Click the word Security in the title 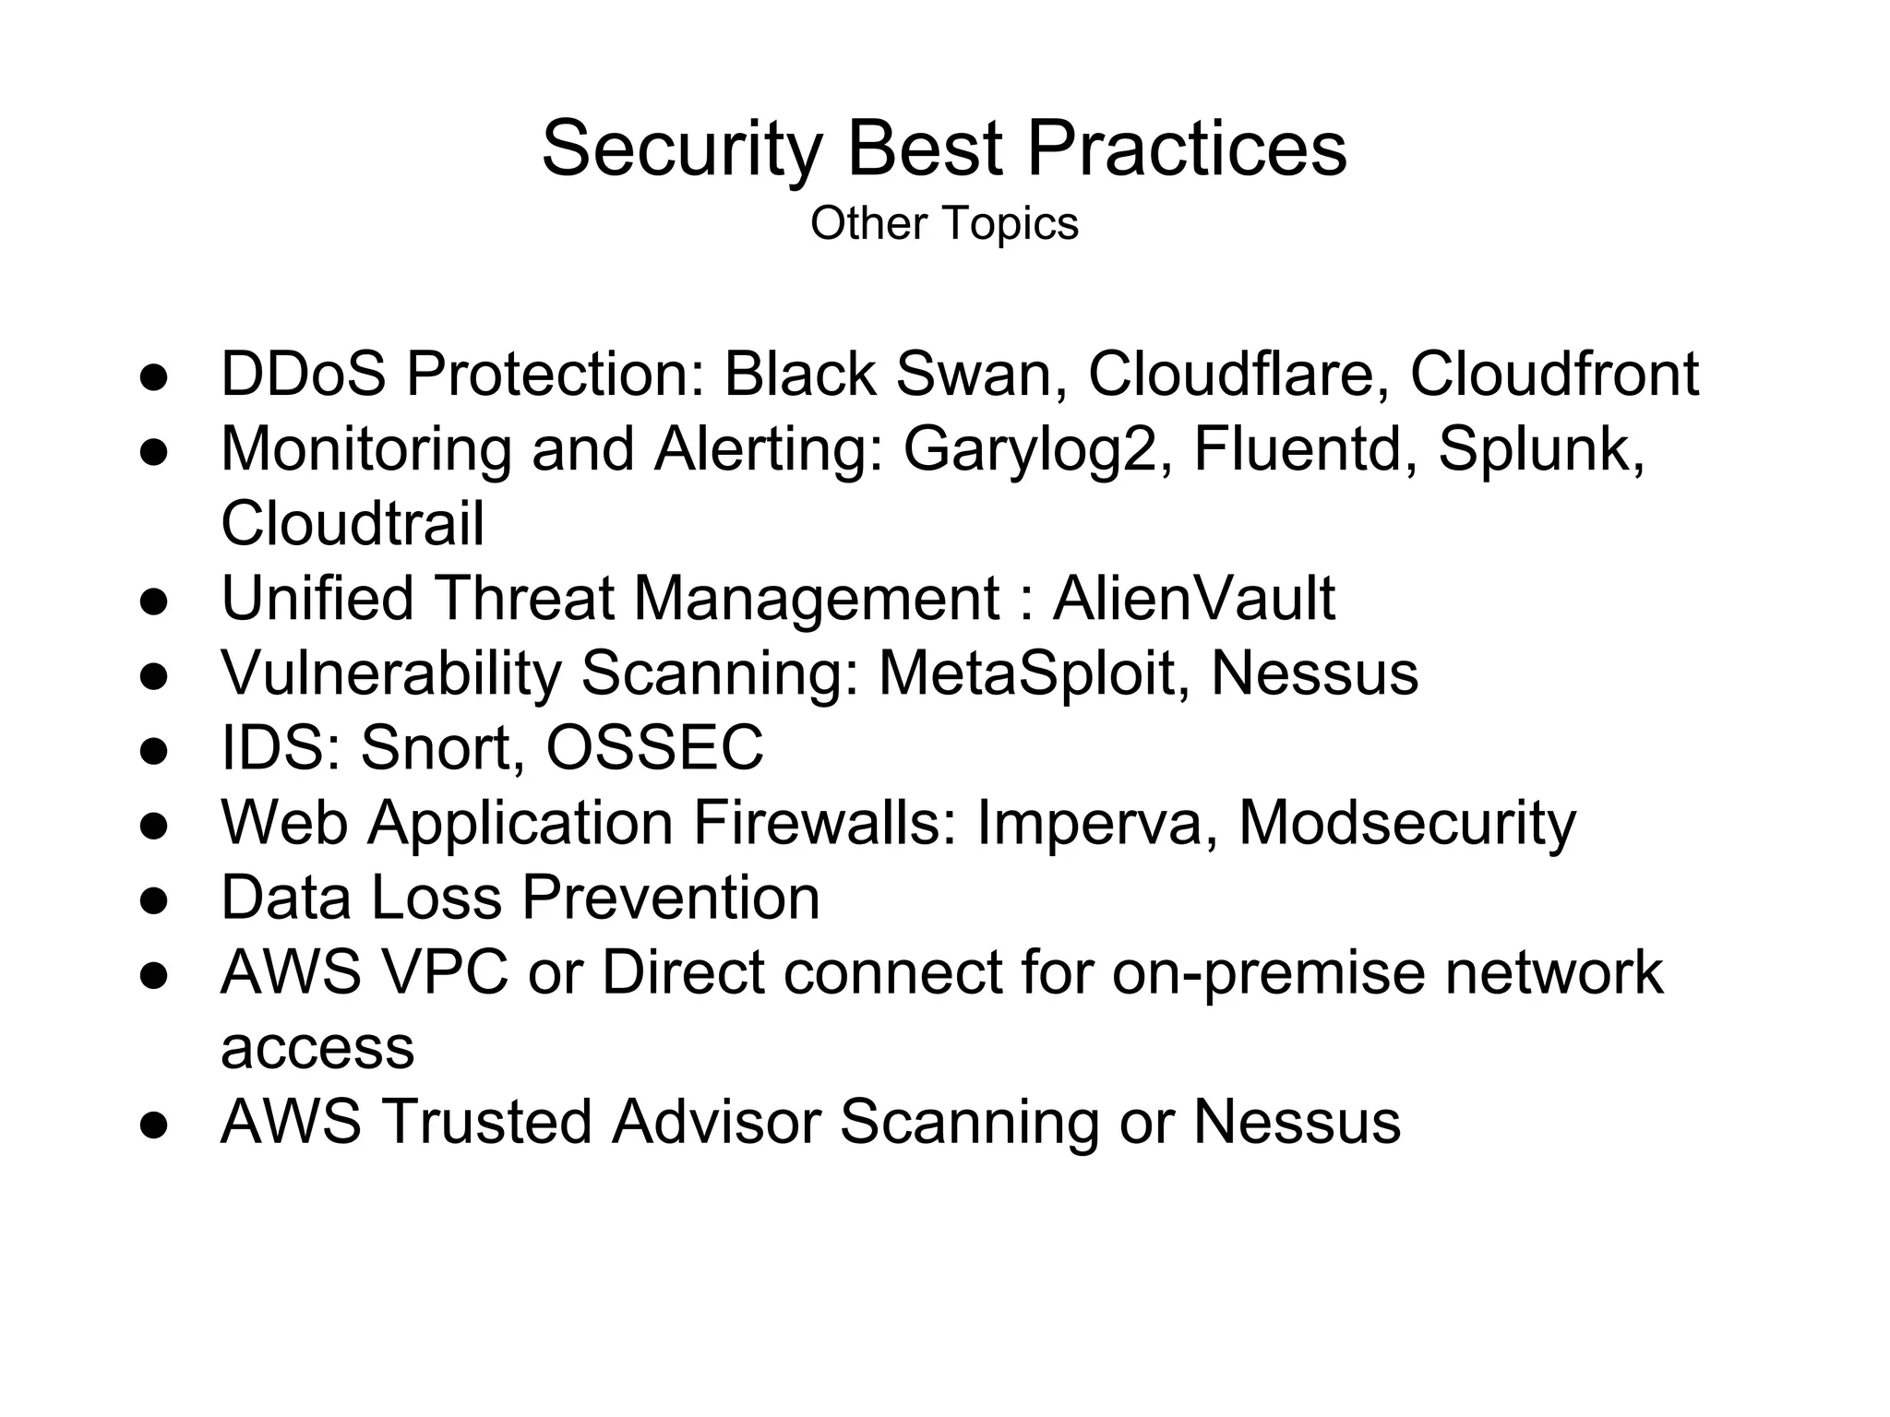click(x=681, y=149)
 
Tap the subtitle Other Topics click(x=944, y=223)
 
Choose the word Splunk click(x=1540, y=450)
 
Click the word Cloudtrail click(x=353, y=523)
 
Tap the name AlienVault click(x=1193, y=599)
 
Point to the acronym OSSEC click(x=655, y=747)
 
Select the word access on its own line click(x=317, y=1048)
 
